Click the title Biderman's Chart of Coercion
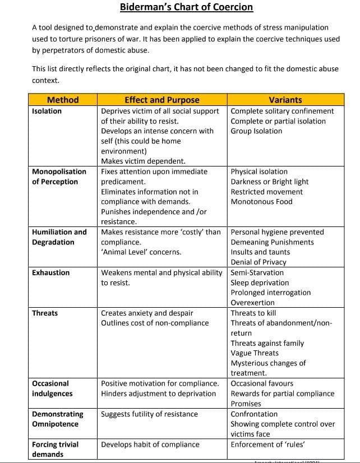click(186, 7)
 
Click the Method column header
click(63, 100)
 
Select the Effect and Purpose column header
click(161, 100)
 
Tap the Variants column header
click(285, 100)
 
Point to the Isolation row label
click(47, 111)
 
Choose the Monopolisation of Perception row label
click(59, 177)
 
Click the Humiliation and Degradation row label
click(59, 237)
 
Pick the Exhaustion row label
click(51, 272)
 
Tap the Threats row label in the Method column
click(45, 313)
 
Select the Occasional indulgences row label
click(50, 388)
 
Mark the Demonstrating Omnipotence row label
click(58, 419)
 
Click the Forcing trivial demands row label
click(55, 449)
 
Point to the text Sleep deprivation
click(260, 283)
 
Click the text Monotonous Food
click(261, 202)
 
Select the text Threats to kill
click(253, 313)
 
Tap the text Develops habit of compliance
click(150, 445)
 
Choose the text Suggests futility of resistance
click(149, 414)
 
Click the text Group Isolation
click(256, 131)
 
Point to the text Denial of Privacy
click(259, 262)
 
